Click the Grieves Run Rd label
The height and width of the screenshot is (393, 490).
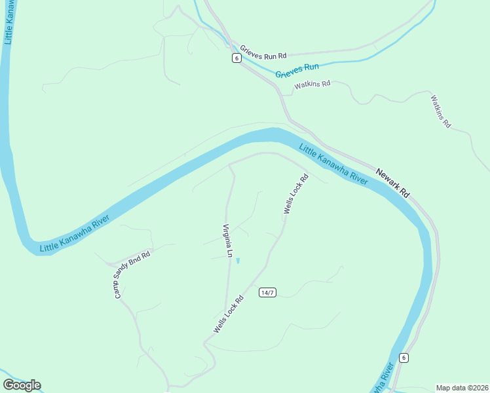click(263, 52)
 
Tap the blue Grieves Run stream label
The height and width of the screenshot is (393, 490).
click(297, 71)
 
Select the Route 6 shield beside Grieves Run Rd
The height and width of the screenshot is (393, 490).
click(236, 58)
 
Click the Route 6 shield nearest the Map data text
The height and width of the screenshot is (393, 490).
click(404, 358)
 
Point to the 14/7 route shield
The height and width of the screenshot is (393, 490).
click(267, 292)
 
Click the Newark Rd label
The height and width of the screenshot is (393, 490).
click(393, 184)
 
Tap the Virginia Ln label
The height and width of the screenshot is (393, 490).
click(228, 240)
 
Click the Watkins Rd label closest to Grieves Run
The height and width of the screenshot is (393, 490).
click(312, 84)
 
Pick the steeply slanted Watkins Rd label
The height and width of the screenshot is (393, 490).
click(441, 111)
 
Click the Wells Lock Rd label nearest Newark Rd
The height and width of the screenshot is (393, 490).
click(295, 194)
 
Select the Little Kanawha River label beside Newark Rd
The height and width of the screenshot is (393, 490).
click(333, 164)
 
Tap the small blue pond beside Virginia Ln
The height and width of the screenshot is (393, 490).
click(238, 261)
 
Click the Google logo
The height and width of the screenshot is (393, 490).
click(22, 385)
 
